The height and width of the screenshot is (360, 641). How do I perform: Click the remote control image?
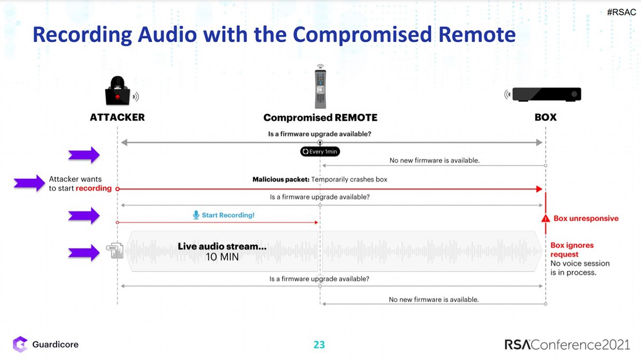click(320, 89)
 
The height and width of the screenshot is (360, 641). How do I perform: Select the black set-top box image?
click(546, 95)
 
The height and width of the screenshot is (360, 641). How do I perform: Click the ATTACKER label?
click(117, 118)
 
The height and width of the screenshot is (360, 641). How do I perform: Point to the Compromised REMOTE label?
click(320, 118)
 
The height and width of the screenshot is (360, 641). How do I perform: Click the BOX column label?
click(545, 118)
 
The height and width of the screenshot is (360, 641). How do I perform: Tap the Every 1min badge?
click(320, 152)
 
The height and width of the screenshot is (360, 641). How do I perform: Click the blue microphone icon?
click(196, 215)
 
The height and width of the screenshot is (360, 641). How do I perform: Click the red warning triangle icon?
click(545, 219)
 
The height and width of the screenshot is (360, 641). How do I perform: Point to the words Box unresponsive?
click(586, 218)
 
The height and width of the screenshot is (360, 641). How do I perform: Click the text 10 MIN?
click(222, 257)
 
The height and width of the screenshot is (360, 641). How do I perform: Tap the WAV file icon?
click(115, 251)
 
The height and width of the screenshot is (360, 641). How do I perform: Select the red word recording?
click(93, 189)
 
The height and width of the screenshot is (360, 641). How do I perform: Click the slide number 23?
click(319, 345)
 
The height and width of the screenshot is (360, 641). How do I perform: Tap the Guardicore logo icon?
click(20, 344)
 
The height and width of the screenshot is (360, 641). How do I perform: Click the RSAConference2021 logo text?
click(567, 345)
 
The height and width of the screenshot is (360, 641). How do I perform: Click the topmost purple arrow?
click(84, 155)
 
